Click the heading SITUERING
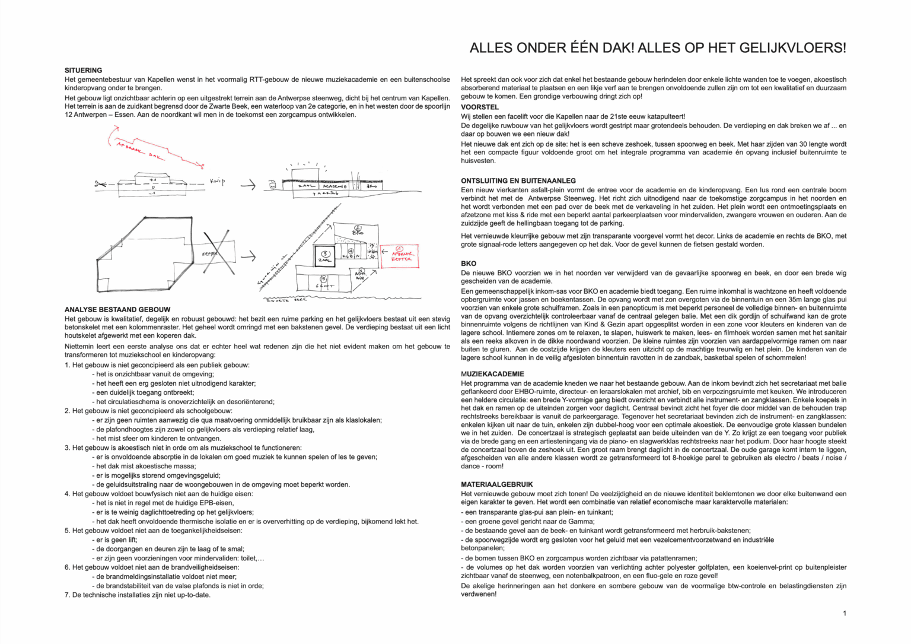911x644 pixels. click(x=83, y=70)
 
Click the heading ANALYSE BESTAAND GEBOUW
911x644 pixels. click(x=117, y=309)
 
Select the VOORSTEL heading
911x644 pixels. click(x=480, y=107)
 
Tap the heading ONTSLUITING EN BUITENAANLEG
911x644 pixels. click(x=518, y=180)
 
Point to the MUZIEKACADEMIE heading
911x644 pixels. click(x=492, y=374)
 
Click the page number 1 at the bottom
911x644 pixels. click(x=845, y=613)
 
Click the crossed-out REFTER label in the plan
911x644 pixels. click(x=211, y=254)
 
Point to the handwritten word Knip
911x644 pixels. click(x=218, y=182)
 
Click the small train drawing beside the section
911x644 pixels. click(x=273, y=185)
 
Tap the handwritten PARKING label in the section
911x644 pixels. click(x=326, y=193)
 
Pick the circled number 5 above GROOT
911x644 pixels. click(x=323, y=278)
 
